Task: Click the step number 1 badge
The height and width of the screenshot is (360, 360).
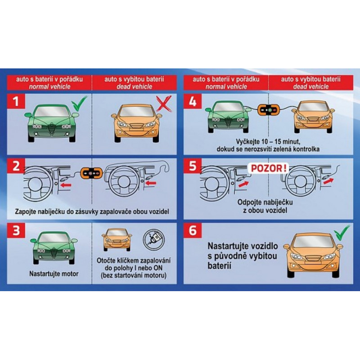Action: click(x=16, y=101)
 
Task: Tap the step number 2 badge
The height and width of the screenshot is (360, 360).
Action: click(x=16, y=166)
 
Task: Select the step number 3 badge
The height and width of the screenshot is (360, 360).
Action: click(x=16, y=230)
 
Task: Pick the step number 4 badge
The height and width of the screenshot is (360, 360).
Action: click(x=193, y=101)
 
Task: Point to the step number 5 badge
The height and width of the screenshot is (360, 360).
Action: click(x=193, y=166)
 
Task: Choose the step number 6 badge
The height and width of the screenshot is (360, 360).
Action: click(x=193, y=230)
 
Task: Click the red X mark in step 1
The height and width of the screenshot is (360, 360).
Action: click(x=163, y=104)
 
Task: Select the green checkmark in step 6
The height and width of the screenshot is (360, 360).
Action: click(x=342, y=232)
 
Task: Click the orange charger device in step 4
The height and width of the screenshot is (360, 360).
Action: click(x=268, y=110)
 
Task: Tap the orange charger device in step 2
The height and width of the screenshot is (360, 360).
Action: click(x=91, y=173)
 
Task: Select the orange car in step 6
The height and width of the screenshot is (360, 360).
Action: click(x=313, y=255)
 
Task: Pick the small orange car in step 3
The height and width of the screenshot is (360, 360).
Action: click(x=117, y=239)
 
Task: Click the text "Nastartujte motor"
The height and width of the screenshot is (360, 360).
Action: click(x=54, y=274)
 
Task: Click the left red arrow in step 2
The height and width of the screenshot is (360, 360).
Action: click(x=66, y=185)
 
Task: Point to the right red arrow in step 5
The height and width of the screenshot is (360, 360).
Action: click(x=328, y=181)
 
